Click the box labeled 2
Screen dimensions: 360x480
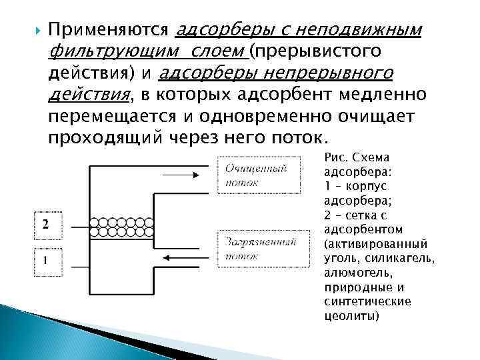(x=45, y=225)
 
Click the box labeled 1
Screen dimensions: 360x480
(x=45, y=261)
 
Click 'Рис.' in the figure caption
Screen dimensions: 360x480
(x=334, y=159)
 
